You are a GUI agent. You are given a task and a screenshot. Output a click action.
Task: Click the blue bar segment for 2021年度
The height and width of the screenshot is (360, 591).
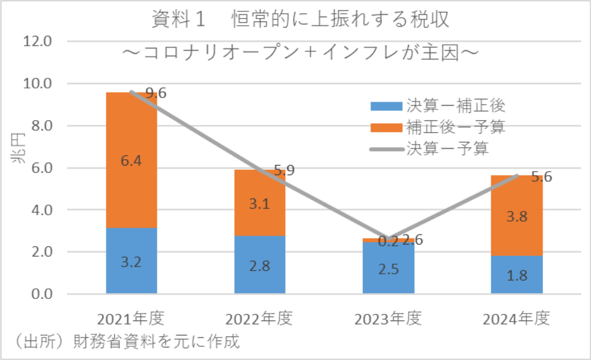(131, 261)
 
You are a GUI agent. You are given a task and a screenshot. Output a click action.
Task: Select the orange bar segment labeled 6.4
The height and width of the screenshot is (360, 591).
(131, 160)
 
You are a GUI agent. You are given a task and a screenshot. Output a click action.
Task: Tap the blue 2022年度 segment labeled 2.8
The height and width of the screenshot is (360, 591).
(260, 264)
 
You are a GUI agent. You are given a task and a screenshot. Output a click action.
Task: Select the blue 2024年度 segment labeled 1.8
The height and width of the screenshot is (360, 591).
(517, 274)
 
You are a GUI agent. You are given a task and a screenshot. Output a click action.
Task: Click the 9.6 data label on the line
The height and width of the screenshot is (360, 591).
(156, 93)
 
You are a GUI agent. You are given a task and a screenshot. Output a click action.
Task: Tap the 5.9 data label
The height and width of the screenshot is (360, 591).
(284, 170)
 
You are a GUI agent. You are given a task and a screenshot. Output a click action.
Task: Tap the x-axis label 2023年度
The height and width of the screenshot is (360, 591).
(388, 318)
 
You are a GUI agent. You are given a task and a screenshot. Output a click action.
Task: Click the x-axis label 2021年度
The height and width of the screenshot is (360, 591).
(132, 318)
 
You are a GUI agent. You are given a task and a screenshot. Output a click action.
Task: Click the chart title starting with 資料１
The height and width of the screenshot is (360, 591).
(299, 20)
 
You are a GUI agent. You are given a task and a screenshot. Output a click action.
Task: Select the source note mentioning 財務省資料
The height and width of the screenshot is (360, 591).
(126, 342)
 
